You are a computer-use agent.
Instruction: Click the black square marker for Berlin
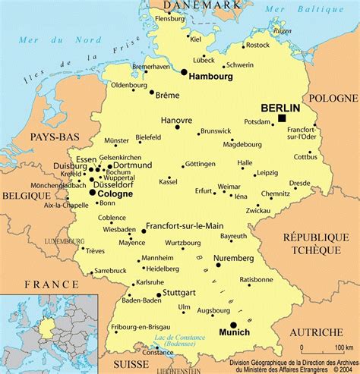(282, 118)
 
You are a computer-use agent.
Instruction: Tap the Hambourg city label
(210, 77)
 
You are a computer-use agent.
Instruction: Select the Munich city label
(234, 332)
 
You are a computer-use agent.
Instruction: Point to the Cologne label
(112, 193)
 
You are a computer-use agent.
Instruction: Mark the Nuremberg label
(234, 258)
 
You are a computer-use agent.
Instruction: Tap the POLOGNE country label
(333, 99)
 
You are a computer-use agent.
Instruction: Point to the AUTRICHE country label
(315, 332)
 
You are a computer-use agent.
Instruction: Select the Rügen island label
(282, 31)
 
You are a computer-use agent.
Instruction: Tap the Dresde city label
(299, 183)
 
